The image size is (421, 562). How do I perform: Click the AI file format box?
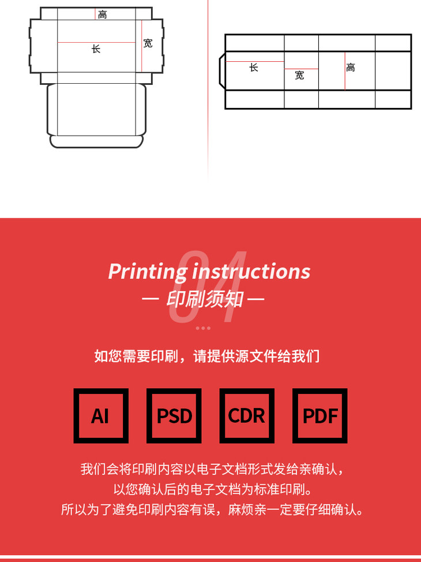point(101,416)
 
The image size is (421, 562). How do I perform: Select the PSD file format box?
point(174,416)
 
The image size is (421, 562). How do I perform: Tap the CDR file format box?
point(247,416)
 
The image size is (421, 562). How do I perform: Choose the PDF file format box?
point(320,416)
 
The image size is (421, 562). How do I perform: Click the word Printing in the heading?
point(148,271)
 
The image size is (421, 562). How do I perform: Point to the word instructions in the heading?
point(251,271)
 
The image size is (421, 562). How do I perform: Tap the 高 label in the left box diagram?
point(103,14)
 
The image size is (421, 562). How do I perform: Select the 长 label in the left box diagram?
point(96,49)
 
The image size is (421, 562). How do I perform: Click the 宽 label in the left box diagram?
point(148,43)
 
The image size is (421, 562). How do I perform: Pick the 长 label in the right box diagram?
point(254,68)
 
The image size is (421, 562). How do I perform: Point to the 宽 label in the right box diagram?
point(300,75)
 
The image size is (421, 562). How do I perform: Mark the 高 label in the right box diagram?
point(351,68)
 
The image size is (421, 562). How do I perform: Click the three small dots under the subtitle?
point(203,328)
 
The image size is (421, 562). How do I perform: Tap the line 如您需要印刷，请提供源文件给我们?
point(207,356)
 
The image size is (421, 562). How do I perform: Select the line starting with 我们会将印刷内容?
point(213,469)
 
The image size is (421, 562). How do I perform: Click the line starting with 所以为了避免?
point(213,509)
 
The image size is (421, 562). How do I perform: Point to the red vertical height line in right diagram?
point(345,71)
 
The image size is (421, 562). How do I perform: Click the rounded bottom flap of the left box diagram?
point(97,142)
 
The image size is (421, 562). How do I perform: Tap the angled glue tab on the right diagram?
point(222,71)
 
